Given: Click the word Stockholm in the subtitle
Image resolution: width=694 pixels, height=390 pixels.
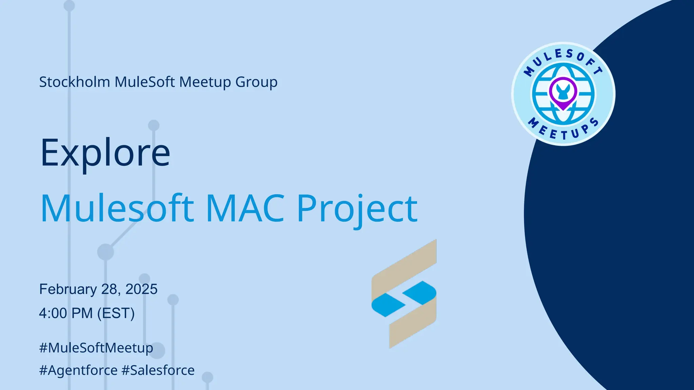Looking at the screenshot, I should click(x=75, y=82).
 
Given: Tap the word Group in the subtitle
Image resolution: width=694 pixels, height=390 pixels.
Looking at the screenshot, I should click(x=256, y=82).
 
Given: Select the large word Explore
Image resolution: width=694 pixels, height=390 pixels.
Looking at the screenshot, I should click(x=105, y=153).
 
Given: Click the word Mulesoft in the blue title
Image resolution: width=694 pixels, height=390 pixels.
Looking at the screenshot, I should click(x=117, y=208).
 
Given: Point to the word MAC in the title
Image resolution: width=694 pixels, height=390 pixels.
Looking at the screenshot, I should click(x=245, y=208).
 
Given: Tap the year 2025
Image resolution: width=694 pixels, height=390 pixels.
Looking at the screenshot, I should click(x=141, y=289).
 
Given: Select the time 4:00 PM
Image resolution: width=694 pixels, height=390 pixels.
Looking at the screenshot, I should click(x=66, y=313).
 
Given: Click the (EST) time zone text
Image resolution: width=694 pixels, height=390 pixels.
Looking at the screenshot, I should click(x=116, y=313).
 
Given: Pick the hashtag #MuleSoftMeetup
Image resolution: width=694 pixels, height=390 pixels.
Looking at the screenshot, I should click(x=96, y=348).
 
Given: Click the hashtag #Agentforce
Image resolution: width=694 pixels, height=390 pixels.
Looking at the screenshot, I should click(x=78, y=370).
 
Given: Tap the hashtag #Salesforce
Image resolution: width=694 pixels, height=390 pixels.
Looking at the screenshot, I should click(x=158, y=370).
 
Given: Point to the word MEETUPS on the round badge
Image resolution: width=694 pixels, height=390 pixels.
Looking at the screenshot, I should click(x=563, y=130).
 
